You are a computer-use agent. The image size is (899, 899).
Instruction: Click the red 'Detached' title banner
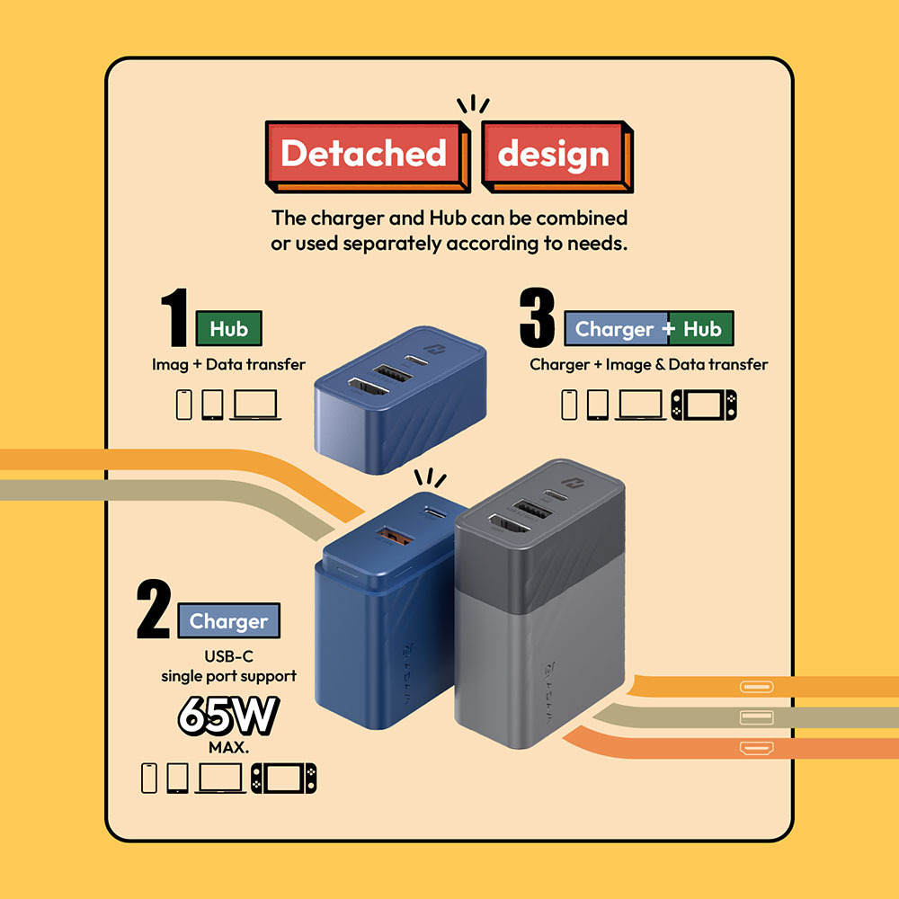click(363, 154)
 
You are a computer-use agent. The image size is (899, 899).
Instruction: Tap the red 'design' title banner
click(553, 154)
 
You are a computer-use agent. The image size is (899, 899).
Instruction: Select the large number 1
click(174, 318)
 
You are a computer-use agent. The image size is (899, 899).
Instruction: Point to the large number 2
click(154, 610)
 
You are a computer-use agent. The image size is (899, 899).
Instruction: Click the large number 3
click(539, 318)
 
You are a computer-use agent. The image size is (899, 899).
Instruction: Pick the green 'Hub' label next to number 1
click(228, 329)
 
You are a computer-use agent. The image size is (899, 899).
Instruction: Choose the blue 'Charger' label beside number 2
click(228, 621)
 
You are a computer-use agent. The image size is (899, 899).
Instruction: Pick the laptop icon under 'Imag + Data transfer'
click(255, 405)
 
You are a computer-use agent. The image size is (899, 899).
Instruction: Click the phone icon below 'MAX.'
click(149, 778)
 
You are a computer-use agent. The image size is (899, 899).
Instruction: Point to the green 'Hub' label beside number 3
click(702, 329)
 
